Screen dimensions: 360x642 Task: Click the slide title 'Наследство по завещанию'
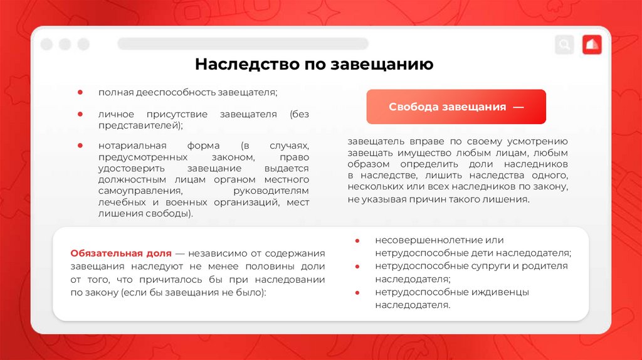coord(313,65)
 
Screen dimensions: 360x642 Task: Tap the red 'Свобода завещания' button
coord(456,107)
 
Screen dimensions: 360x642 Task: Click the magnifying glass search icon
coord(564,45)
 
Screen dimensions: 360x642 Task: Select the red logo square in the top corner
coord(592,45)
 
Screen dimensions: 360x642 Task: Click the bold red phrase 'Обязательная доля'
coord(121,253)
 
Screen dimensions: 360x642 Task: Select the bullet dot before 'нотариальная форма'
coord(80,145)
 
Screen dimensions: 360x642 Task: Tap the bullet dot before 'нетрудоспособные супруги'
coord(357,266)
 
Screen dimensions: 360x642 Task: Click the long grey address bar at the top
coord(243,44)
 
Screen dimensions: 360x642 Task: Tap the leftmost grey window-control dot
coord(46,45)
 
